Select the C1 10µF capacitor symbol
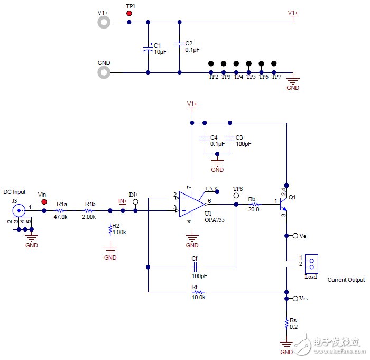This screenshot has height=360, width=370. (148, 49)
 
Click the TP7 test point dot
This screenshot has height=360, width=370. (274, 63)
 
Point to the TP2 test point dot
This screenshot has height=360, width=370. (211, 63)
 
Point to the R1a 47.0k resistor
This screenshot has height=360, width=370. (61, 210)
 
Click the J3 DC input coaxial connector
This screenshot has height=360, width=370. (20, 210)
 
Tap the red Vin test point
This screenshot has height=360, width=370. (43, 202)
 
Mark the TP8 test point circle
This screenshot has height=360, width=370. (236, 195)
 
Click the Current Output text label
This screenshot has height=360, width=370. (346, 280)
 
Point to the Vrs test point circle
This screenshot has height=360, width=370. (295, 299)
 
